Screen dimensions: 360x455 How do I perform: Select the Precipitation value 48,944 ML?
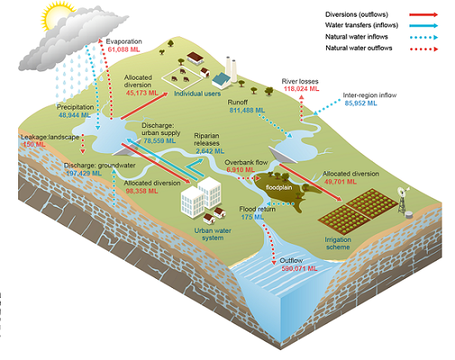[x=74, y=117]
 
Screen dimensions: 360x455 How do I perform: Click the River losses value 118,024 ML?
[x=300, y=88]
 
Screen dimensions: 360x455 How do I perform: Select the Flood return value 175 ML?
[x=246, y=218]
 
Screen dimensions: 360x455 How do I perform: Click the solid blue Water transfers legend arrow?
[x=422, y=26]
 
